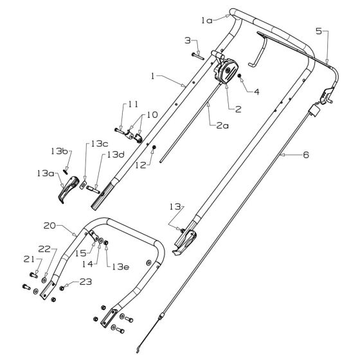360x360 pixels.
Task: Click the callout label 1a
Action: click(206, 21)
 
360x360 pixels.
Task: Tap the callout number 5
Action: click(319, 30)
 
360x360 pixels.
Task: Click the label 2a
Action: click(222, 126)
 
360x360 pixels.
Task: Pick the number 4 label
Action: click(258, 92)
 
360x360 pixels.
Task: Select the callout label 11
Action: click(132, 104)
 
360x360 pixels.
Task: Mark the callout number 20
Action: click(50, 226)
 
